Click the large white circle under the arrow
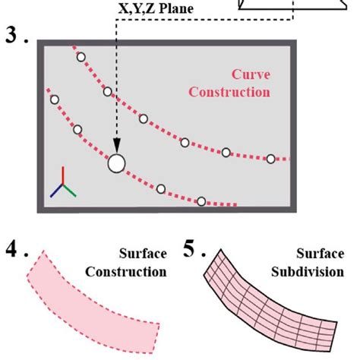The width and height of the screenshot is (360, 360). [116, 163]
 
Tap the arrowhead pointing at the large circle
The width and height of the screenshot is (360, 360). [116, 148]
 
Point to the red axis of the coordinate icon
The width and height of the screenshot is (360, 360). [63, 176]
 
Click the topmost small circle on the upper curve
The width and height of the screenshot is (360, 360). [81, 57]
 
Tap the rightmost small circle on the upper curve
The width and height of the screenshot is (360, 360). [270, 159]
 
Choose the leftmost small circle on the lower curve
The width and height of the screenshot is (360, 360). [54, 99]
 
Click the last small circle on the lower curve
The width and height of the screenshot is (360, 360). [201, 201]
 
